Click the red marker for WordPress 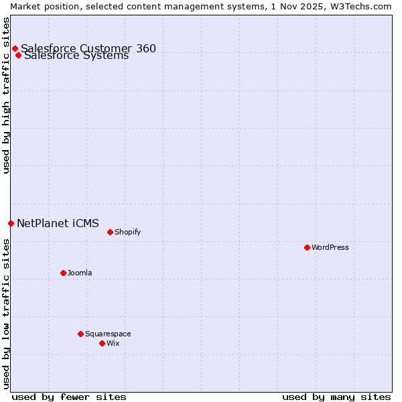(307, 247)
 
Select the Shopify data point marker (110, 232)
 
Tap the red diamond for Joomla (63, 273)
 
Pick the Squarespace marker (80, 334)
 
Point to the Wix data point (102, 343)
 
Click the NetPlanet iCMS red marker (11, 223)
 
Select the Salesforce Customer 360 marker (15, 48)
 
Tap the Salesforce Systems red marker (18, 55)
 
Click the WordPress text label (330, 247)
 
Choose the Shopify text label (127, 232)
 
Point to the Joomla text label (80, 273)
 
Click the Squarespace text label (108, 334)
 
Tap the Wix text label (113, 343)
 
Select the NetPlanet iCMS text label (58, 223)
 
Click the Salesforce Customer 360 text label (88, 48)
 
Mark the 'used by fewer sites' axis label (69, 397)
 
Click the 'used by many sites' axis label (336, 397)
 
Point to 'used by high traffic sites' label (6, 95)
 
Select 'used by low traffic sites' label (6, 314)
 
